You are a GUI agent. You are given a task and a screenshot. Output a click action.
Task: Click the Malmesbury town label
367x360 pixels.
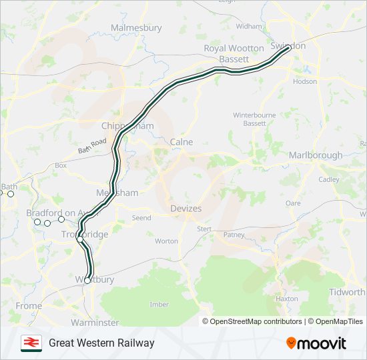tap(136, 28)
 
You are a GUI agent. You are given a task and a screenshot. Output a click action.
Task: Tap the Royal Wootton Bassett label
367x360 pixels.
tap(234, 53)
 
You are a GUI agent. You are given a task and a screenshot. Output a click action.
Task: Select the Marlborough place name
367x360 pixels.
tap(316, 155)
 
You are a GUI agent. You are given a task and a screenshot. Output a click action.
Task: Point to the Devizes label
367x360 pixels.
tap(186, 209)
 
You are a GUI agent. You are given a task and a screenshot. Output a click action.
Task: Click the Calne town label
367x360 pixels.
tap(181, 142)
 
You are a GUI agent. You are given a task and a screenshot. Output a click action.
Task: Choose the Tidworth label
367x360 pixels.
tap(348, 292)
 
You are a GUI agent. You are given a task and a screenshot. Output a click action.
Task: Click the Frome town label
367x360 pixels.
tap(28, 306)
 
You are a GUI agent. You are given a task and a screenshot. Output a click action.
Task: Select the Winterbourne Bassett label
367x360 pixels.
tap(254, 119)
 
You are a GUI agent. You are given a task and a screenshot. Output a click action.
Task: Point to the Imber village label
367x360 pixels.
tap(159, 305)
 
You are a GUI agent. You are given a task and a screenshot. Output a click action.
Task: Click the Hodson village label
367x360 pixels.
tap(305, 81)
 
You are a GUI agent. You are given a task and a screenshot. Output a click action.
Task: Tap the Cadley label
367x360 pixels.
tap(329, 179)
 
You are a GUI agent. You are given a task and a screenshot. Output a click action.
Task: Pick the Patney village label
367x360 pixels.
tap(234, 235)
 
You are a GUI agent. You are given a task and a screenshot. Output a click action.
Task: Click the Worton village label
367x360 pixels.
tap(166, 241)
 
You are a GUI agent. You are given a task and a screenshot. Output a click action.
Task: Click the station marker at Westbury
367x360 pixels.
tap(87, 281)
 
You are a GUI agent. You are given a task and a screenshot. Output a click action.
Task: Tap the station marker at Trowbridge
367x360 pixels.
tap(80, 239)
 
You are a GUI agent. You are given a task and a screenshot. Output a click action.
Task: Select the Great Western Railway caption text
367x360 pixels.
tap(101, 343)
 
